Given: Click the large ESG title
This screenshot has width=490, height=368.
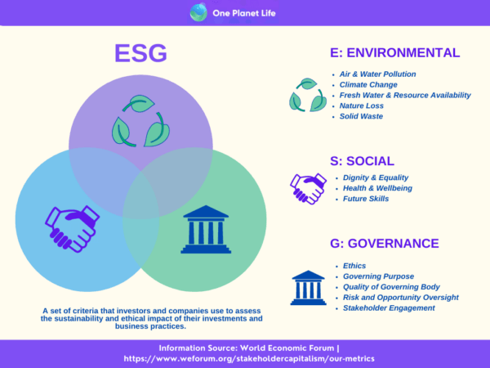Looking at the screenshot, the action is coord(140,53).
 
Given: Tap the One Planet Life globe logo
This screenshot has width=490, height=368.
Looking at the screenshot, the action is coord(198,12).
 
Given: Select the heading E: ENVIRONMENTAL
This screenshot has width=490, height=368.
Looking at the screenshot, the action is coord(395,52).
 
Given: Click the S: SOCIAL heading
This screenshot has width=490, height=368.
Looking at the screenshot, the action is coord(362,161).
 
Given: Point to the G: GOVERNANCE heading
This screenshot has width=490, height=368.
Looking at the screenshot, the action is coord(385,244).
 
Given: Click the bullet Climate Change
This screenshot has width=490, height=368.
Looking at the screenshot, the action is coord(368,85).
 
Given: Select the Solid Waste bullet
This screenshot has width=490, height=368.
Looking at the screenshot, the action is coord(361,116).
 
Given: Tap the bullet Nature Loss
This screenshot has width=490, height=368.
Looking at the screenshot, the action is coord(361,105).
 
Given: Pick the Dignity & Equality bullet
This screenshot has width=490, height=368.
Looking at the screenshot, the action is coord(376,177).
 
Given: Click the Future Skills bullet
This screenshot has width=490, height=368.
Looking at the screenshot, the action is coord(366,199).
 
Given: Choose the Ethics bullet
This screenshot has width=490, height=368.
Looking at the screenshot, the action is coord(354,266).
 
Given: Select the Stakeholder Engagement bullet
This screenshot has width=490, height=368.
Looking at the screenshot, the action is coord(389,308).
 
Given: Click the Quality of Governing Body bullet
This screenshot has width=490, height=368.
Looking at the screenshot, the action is coord(391,287).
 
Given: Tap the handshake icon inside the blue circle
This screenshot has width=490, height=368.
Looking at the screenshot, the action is coord(72,228).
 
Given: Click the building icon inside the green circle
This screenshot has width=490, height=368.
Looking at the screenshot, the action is coord(206,229).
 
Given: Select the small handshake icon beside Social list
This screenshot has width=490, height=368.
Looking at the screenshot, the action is coord(308,189).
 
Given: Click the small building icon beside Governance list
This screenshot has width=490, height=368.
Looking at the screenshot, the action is coord(308,288).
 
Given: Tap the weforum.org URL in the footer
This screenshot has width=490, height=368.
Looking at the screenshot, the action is coord(249,359).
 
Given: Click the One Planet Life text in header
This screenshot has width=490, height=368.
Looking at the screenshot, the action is coord(244,13).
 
